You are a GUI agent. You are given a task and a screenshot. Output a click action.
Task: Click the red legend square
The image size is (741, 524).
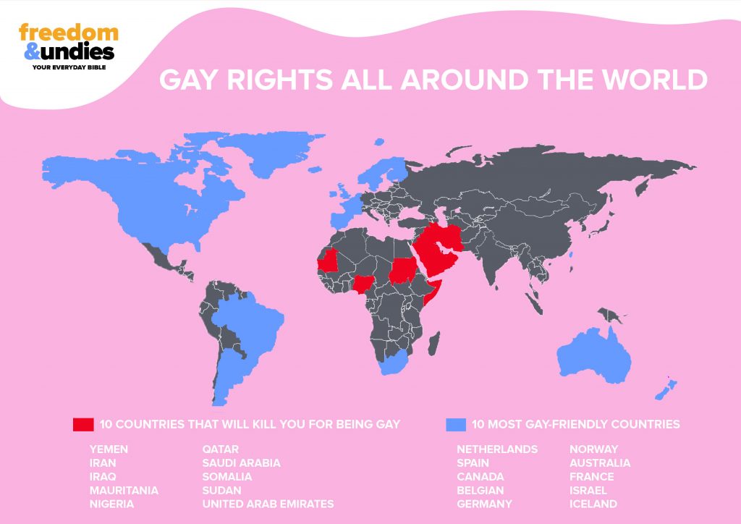tap(83, 424)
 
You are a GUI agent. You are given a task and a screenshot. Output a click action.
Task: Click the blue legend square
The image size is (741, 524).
tap(455, 424)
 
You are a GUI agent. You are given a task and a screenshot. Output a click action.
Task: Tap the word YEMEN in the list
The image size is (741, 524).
tap(109, 449)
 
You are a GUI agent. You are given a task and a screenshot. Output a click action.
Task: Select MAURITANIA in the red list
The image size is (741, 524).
tap(124, 490)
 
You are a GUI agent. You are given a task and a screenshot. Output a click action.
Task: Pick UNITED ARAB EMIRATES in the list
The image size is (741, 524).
tap(268, 504)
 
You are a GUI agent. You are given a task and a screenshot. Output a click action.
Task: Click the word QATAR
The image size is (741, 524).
tap(221, 449)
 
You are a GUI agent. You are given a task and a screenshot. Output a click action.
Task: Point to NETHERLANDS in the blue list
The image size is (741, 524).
tap(497, 449)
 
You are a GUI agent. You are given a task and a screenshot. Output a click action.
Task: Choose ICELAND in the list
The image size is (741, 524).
tap(593, 504)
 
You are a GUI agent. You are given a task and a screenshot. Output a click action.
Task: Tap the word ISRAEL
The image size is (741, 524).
tap(588, 490)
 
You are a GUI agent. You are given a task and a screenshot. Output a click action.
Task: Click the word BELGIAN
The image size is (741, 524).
tap(480, 490)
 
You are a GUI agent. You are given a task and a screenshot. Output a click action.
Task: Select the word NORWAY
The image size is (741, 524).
tap(594, 449)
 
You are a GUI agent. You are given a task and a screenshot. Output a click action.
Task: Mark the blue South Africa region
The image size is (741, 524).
tap(396, 362)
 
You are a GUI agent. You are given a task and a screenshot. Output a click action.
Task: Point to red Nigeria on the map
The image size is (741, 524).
tap(363, 283)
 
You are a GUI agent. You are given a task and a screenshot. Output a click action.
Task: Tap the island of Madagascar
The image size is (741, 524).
tap(435, 339)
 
